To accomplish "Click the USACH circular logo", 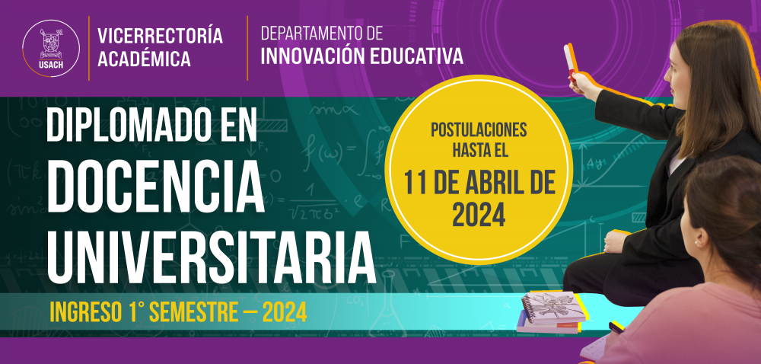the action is [51, 48].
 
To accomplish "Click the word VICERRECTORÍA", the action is [160, 36].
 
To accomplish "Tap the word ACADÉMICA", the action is [144, 59].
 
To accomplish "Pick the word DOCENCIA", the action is [156, 187].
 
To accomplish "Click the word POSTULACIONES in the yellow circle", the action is [479, 130].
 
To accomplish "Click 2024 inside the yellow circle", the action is [479, 216].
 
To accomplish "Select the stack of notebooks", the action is [552, 312].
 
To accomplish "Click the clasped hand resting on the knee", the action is [616, 241].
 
